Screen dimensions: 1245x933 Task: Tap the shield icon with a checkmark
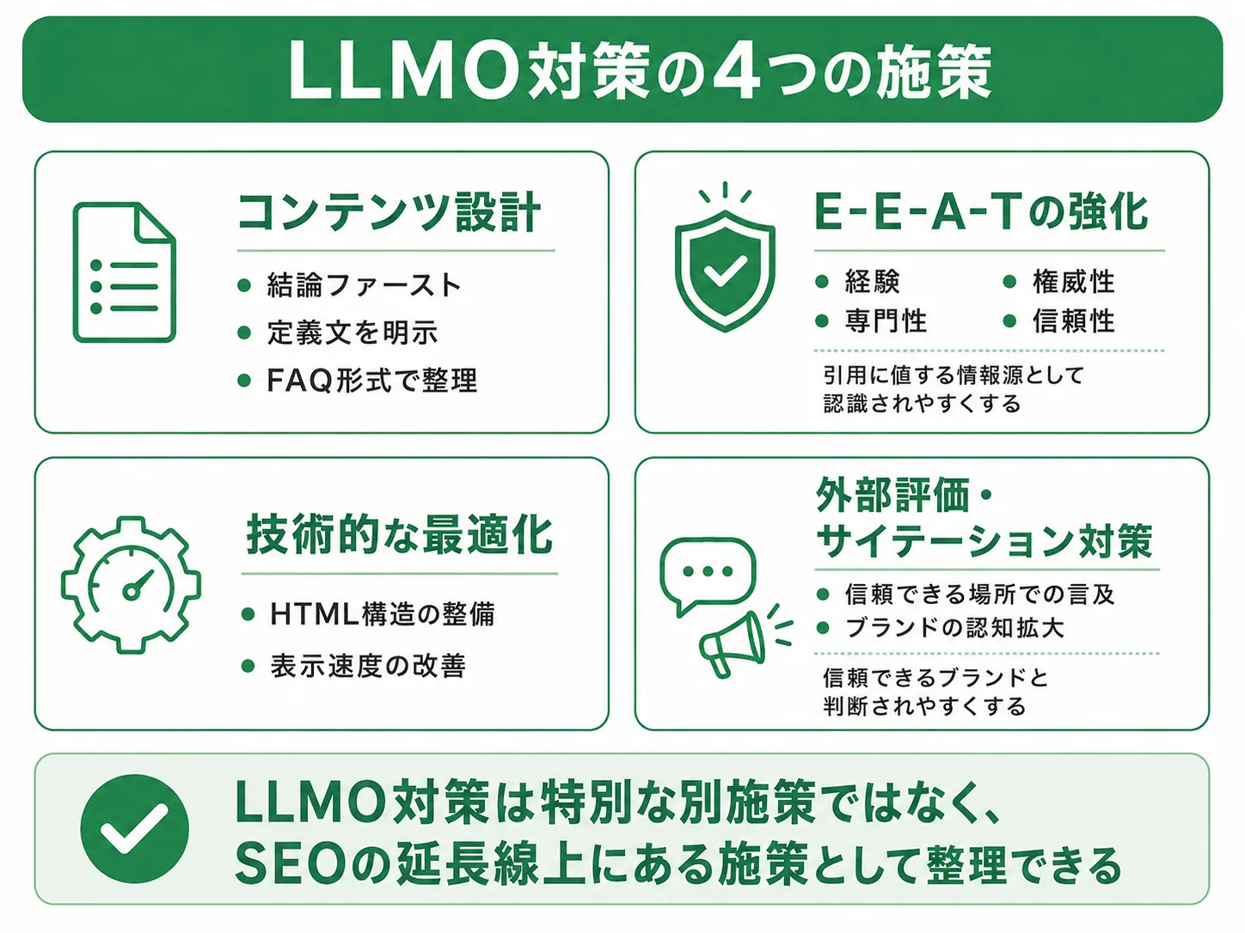click(724, 271)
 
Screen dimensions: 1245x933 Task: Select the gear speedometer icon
click(131, 585)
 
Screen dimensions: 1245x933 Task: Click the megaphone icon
click(733, 643)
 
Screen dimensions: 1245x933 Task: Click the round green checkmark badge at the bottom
click(134, 828)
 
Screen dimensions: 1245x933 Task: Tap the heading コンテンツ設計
click(389, 212)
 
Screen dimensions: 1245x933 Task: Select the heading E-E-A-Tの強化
click(981, 212)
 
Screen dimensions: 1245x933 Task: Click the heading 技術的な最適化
click(399, 534)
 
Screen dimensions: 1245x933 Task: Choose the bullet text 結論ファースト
click(364, 284)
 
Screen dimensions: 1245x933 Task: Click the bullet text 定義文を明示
click(353, 332)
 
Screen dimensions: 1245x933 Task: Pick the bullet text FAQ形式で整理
click(372, 380)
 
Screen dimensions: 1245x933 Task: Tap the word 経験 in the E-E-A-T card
click(873, 282)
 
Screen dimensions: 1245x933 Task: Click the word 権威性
click(1073, 282)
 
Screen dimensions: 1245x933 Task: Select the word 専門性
click(886, 320)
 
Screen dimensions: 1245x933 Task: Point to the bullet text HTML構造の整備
click(383, 614)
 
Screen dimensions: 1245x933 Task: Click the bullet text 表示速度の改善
click(368, 666)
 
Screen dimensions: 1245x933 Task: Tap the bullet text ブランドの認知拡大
click(954, 627)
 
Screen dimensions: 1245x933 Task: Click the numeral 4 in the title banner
click(736, 72)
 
